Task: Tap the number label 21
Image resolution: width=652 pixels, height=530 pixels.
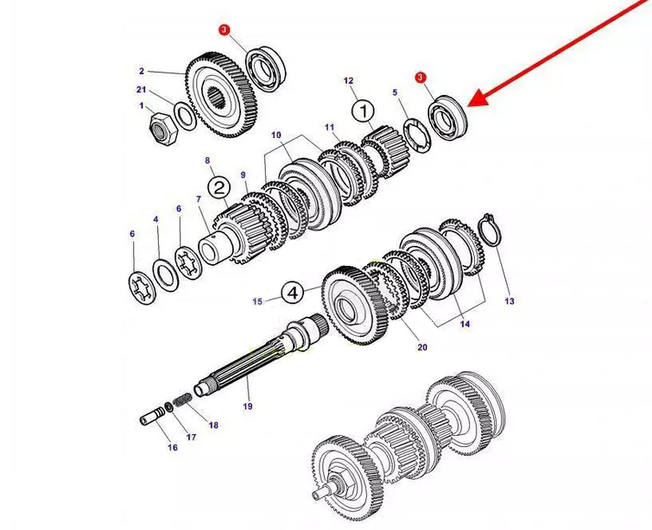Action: point(141,90)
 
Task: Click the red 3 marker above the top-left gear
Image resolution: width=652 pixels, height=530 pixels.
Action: point(225,30)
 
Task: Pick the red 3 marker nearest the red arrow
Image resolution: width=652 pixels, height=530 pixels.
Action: point(421,78)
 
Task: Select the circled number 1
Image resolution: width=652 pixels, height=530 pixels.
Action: point(364,110)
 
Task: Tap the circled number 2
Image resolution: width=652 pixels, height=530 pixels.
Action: point(218,187)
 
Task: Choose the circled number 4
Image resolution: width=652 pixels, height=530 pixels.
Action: point(294,293)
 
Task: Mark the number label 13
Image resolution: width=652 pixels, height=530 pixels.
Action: point(510,301)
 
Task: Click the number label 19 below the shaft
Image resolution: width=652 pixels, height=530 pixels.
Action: point(247,406)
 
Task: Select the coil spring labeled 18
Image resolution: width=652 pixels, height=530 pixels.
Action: point(183,401)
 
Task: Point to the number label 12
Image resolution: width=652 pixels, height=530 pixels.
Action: point(349,80)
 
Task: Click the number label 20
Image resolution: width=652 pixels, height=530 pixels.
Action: point(422,348)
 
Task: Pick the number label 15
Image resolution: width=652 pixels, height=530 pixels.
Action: point(257,301)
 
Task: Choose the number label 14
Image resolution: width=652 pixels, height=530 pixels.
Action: point(465,325)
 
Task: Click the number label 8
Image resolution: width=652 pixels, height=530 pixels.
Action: point(207,160)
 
